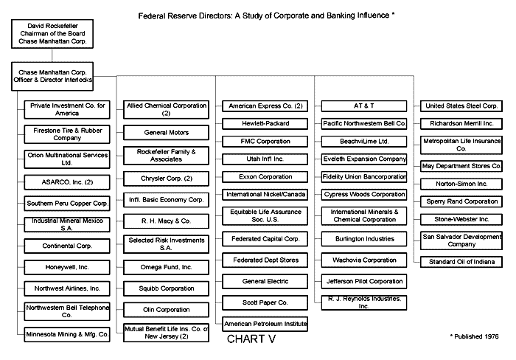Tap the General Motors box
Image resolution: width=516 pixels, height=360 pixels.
coord(166,133)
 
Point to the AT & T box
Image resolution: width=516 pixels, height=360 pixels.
coord(364,106)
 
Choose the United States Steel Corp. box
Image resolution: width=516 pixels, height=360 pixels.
coord(461,106)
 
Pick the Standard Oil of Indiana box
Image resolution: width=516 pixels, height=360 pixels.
coord(461,261)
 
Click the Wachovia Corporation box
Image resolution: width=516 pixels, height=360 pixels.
coord(364,260)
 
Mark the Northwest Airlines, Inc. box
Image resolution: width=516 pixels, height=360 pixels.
coord(67,288)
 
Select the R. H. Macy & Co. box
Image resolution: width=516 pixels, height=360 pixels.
coord(166,220)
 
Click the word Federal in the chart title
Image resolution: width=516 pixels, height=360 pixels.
coord(153,14)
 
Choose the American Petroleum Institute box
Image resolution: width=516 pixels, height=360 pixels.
coord(265,324)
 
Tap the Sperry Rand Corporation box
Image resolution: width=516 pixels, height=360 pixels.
coord(461,201)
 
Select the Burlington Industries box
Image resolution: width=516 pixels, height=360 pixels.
coord(364,238)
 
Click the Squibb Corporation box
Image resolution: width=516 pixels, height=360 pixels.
coord(166,288)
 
